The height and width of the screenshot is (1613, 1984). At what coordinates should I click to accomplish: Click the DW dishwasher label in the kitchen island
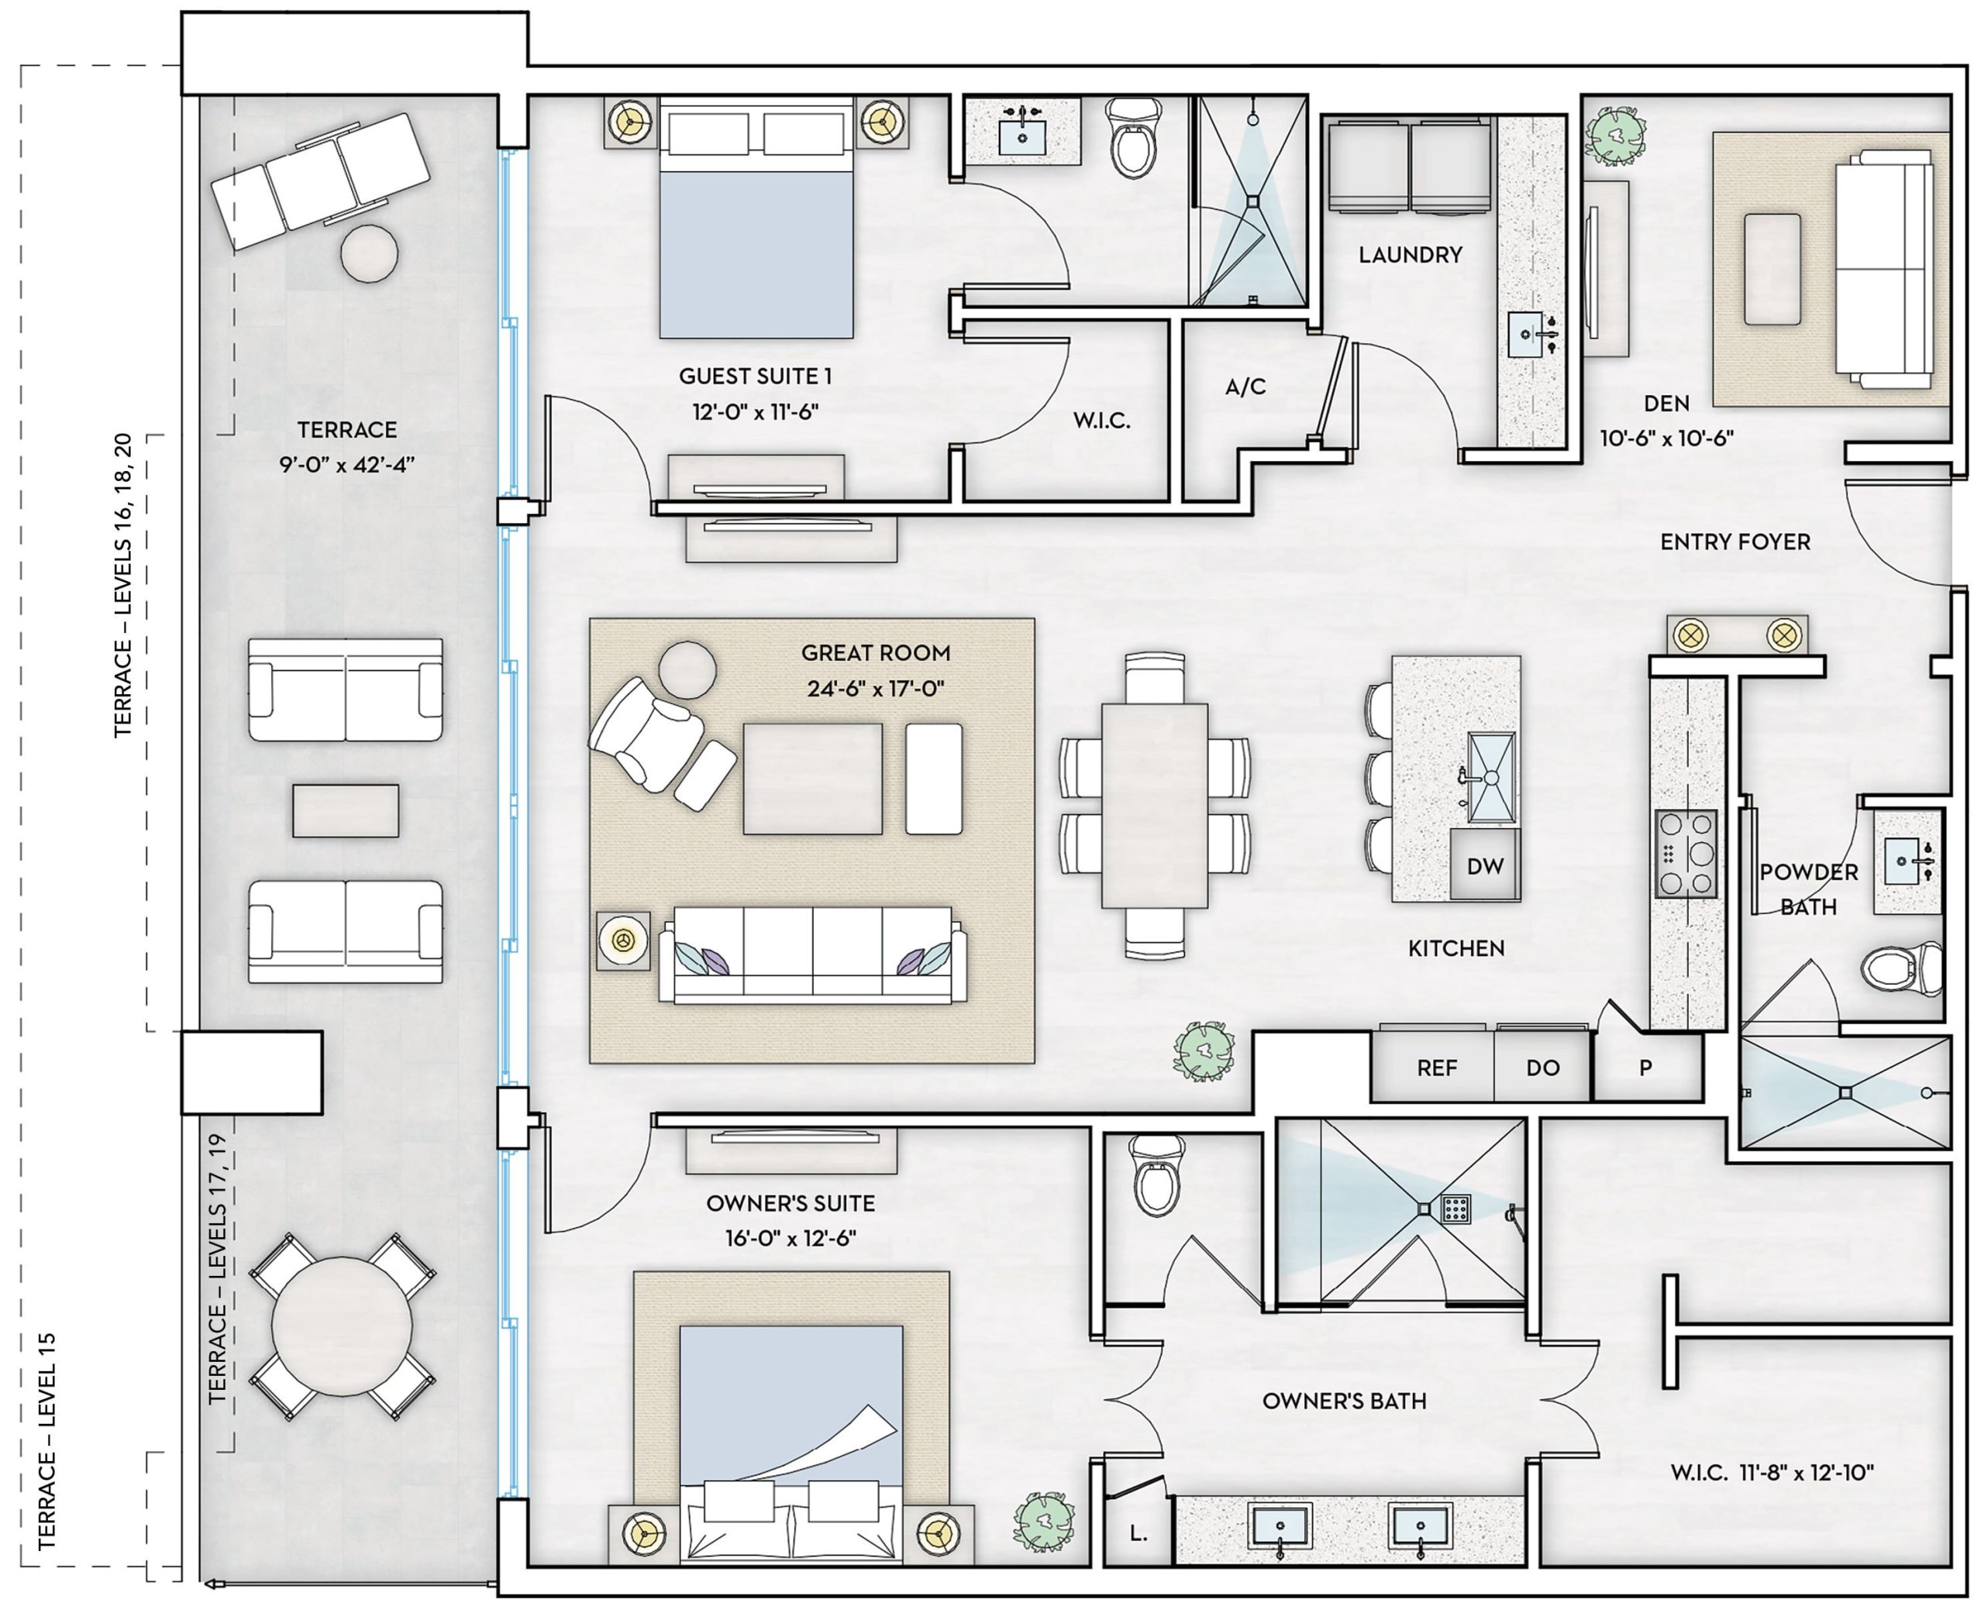click(x=1484, y=867)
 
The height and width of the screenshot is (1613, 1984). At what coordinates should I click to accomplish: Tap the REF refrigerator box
click(x=1436, y=1068)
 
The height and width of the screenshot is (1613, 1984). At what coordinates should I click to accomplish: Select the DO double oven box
click(x=1541, y=1068)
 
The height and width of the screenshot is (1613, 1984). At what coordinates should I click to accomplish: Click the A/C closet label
click(x=1245, y=387)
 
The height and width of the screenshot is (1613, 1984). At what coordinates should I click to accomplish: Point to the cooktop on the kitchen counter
click(x=1685, y=853)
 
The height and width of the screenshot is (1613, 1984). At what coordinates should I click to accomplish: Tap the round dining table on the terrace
click(x=342, y=1326)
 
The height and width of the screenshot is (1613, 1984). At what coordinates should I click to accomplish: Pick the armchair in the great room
click(x=644, y=734)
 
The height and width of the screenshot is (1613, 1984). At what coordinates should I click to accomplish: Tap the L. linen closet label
click(x=1138, y=1534)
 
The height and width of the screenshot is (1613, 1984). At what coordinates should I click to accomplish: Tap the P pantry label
click(x=1646, y=1068)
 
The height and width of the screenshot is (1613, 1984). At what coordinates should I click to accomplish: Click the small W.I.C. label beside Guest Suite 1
click(x=1101, y=421)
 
